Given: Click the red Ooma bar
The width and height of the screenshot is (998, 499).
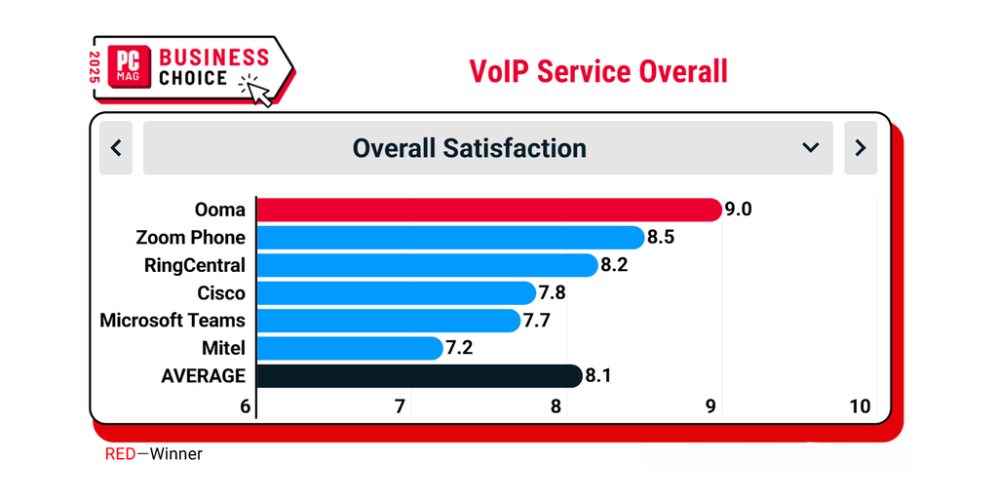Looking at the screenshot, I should coord(487,210).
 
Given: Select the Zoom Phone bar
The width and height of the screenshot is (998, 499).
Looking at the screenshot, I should coord(448,238).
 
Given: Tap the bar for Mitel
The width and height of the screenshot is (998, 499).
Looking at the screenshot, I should coord(348,348).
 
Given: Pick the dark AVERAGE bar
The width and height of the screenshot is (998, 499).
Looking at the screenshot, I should coord(419,376).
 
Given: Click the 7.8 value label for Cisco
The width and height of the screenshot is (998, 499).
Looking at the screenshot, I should coord(553,293).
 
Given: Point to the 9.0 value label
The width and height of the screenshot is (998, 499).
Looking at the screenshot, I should coord(739,210).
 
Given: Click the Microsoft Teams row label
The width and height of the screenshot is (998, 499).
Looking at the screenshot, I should coord(173,321).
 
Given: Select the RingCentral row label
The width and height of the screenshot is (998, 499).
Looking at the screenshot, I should coord(194,265).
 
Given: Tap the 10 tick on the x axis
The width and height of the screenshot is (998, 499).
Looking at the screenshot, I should coord(860,406).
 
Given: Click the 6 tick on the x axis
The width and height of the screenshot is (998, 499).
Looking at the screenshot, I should coord(246,406).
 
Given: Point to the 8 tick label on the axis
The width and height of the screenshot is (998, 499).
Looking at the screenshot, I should coord(556,406).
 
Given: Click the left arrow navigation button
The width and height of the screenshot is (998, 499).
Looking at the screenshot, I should coord(116,148).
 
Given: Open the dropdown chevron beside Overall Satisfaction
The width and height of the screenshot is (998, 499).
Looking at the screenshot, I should coord(810,148).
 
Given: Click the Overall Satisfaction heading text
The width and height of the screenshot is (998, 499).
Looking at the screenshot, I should coord(470,148).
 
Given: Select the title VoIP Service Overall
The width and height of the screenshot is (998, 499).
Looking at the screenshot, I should coord(598,71).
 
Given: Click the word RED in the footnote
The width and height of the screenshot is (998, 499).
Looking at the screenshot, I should coord(120,454).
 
